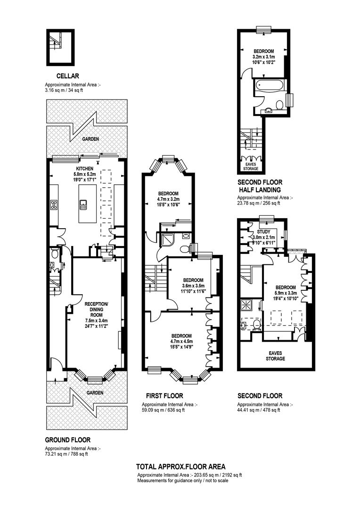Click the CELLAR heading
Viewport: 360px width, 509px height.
pyautogui.click(x=67, y=76)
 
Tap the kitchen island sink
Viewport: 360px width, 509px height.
pyautogui.click(x=83, y=205)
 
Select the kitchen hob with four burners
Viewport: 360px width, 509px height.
pyautogui.click(x=54, y=205)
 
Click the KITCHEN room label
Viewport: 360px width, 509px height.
pyautogui.click(x=85, y=169)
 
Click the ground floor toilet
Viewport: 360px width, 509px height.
pyautogui.click(x=55, y=253)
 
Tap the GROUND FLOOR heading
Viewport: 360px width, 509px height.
pyautogui.click(x=67, y=440)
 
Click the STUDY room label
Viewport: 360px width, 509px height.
pyautogui.click(x=263, y=232)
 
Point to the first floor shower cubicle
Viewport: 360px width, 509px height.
pyautogui.click(x=167, y=239)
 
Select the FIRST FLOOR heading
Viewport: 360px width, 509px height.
pyautogui.click(x=164, y=396)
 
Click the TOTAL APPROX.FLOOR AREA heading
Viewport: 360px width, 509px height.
pyautogui.click(x=180, y=467)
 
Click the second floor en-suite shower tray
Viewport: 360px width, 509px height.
pyautogui.click(x=245, y=305)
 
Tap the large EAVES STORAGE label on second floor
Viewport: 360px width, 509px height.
pyautogui.click(x=276, y=356)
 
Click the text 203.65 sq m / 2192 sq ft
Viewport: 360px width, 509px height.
pyautogui.click(x=218, y=475)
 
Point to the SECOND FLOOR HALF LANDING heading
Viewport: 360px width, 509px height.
pyautogui.click(x=260, y=186)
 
